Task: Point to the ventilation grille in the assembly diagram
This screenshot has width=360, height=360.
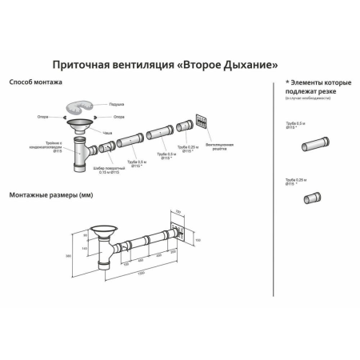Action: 200,122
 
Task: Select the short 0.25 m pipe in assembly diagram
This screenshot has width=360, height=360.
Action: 183,126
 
